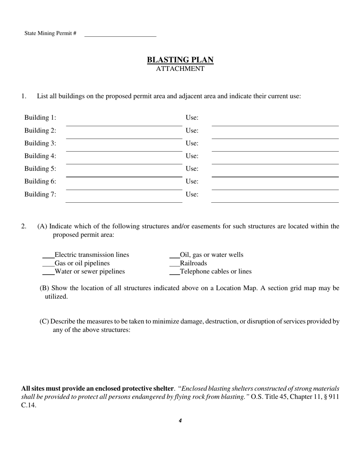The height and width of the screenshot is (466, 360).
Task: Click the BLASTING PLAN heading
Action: [180, 60]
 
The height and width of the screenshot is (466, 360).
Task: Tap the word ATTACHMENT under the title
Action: [180, 69]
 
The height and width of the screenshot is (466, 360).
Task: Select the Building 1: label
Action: [40, 117]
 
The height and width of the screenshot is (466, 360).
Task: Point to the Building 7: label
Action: [40, 194]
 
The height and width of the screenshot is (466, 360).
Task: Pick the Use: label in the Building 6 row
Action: [192, 181]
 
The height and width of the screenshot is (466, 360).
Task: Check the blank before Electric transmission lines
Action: [48, 255]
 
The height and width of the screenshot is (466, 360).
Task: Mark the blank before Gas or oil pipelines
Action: [48, 264]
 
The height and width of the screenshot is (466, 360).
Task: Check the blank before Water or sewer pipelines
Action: [48, 272]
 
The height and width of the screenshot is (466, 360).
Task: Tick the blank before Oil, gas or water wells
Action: [174, 255]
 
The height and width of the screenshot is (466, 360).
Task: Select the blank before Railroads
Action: [174, 264]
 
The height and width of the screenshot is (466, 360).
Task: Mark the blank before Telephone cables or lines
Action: [174, 272]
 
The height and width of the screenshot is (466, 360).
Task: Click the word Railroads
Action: [193, 263]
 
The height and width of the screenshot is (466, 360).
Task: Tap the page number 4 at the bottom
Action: [180, 421]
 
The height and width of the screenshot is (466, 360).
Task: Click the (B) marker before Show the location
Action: [44, 288]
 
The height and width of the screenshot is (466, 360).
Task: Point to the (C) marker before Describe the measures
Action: [44, 321]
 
